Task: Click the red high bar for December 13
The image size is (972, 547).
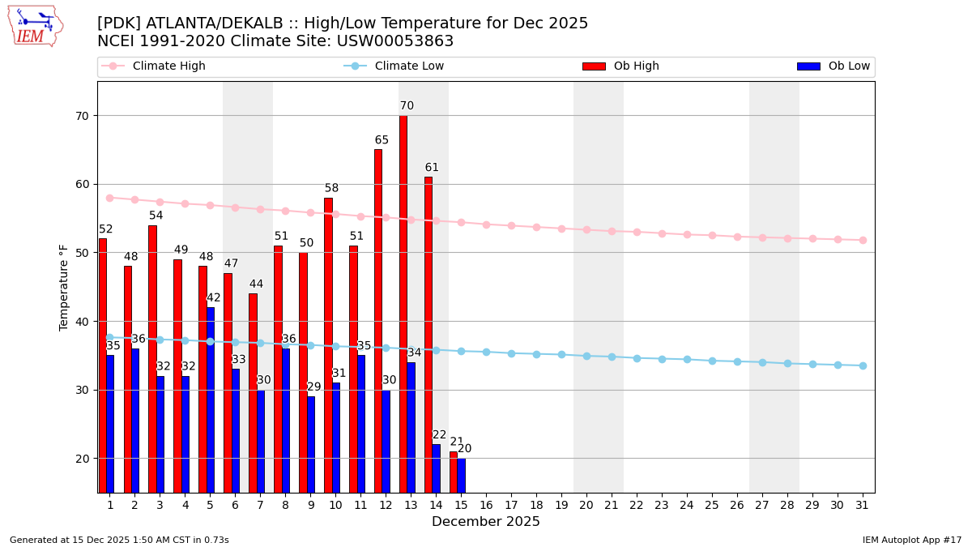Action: pyautogui.click(x=403, y=304)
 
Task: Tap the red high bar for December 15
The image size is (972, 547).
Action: pyautogui.click(x=454, y=472)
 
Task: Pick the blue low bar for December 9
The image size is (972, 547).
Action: pyautogui.click(x=311, y=444)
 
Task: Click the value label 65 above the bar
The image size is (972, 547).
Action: pyautogui.click(x=382, y=140)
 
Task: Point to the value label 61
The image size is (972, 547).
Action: pyautogui.click(x=432, y=168)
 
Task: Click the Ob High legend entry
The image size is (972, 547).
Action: pyautogui.click(x=620, y=66)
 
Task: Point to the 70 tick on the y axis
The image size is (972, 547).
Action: pyautogui.click(x=82, y=116)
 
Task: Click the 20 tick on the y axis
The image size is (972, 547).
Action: pyautogui.click(x=82, y=459)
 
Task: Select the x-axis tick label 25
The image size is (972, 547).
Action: pyautogui.click(x=712, y=505)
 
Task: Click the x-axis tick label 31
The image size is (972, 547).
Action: pyautogui.click(x=863, y=505)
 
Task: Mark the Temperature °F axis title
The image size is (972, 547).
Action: pyautogui.click(x=65, y=287)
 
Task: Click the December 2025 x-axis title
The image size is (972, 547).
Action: pyautogui.click(x=486, y=522)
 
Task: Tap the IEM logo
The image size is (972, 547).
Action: pyautogui.click(x=35, y=27)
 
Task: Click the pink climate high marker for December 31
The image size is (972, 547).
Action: pyautogui.click(x=863, y=240)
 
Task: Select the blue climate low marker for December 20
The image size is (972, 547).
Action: pyautogui.click(x=586, y=356)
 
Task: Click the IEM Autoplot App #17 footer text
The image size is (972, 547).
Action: pyautogui.click(x=911, y=540)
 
